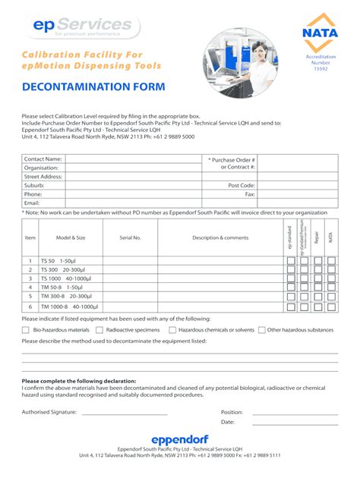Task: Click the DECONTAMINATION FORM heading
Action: point(93,87)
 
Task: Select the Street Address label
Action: point(43,176)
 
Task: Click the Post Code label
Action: point(242,185)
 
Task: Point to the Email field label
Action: point(32,203)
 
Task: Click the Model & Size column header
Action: point(71,237)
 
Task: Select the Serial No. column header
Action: point(130,237)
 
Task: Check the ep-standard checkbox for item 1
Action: point(290,260)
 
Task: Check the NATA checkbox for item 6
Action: point(330,307)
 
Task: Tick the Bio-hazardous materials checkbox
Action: point(26,330)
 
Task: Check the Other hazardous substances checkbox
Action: point(261,330)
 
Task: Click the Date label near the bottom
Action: point(228,422)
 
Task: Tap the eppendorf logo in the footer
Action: point(179,439)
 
